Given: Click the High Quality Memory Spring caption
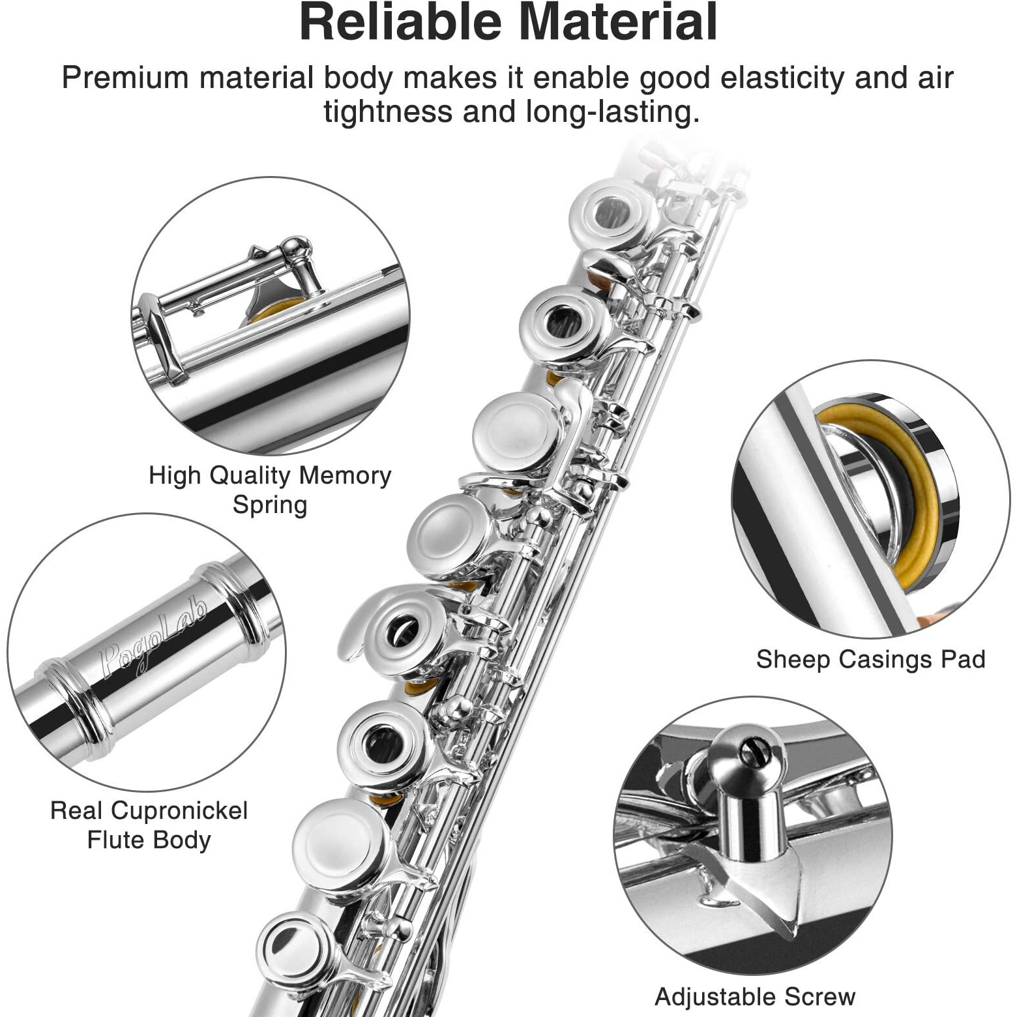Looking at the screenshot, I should pyautogui.click(x=270, y=490).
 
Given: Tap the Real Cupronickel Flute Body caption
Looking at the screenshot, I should pyautogui.click(x=149, y=825).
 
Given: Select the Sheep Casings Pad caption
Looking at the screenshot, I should pyautogui.click(x=870, y=659).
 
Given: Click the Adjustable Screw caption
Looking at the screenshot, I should pyautogui.click(x=754, y=997).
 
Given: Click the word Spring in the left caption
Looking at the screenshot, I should pyautogui.click(x=270, y=505).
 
